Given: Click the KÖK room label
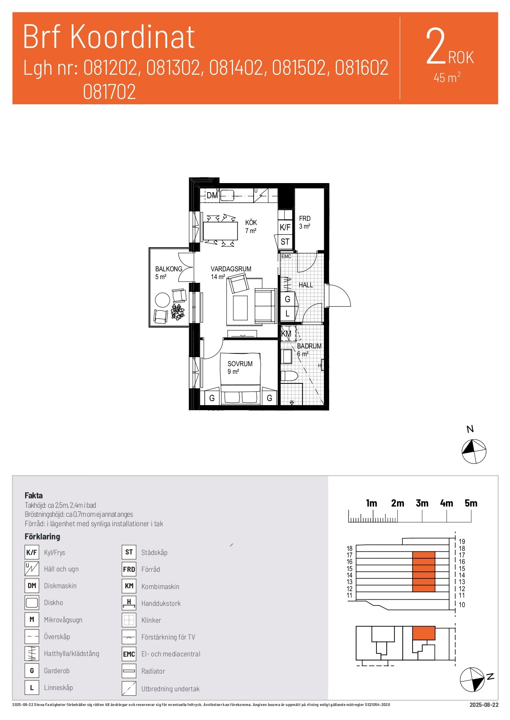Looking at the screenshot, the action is (251, 222).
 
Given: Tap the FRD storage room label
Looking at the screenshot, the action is (305, 218).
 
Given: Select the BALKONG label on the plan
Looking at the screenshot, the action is (168, 269).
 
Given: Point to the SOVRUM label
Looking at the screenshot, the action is (240, 364).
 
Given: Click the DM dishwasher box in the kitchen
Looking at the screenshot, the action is (212, 195).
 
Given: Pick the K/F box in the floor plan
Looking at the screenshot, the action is (285, 227).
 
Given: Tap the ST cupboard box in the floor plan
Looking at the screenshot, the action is (285, 242).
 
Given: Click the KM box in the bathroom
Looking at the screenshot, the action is (286, 334).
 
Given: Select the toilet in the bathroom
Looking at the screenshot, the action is (289, 376).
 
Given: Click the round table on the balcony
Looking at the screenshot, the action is (162, 300).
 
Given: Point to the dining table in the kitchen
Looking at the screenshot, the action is (221, 231).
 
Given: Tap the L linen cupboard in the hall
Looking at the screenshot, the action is (287, 314).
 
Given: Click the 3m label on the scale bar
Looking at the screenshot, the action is (422, 503).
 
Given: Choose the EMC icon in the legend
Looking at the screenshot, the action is (129, 654).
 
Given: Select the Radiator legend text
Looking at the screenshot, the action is (153, 671).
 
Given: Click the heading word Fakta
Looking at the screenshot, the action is (34, 495).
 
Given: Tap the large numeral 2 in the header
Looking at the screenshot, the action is (436, 46).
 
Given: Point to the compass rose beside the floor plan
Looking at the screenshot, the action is (474, 452).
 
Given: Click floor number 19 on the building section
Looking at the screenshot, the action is (462, 541).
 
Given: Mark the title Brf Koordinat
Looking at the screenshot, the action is (109, 37).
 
